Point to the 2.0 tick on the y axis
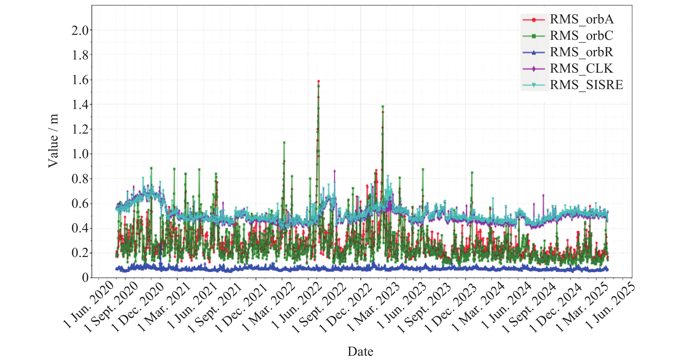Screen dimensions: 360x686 pyautogui.click(x=80, y=31)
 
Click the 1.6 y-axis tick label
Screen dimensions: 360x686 pyautogui.click(x=80, y=80)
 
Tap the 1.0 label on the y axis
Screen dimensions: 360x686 pyautogui.click(x=80, y=154)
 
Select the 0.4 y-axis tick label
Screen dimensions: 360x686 pyautogui.click(x=80, y=228)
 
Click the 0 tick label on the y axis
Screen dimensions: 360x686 pyautogui.click(x=85, y=278)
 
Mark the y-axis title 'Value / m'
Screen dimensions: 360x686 pyautogui.click(x=53, y=141)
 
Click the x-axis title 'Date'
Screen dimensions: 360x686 pyautogui.click(x=360, y=352)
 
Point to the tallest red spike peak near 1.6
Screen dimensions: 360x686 pyautogui.click(x=319, y=81)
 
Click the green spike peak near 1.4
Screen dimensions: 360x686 pyautogui.click(x=383, y=106)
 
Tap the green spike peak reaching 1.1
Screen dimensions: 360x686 pyautogui.click(x=284, y=143)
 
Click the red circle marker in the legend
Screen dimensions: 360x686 pyautogui.click(x=533, y=20)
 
